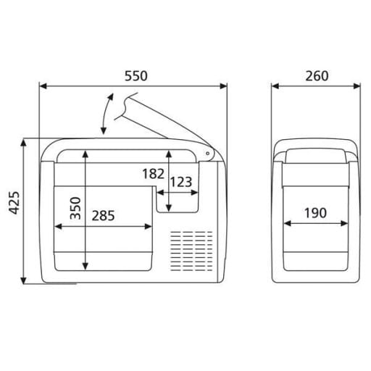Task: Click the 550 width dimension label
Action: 136,76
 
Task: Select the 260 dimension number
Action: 317,76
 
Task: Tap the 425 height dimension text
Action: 14,203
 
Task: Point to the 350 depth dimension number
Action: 75,208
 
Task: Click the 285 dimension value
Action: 103,216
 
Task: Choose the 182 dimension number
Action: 154,174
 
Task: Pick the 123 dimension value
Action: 181,182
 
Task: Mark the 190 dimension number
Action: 315,213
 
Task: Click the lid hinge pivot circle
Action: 207,154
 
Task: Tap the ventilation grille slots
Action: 191,251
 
